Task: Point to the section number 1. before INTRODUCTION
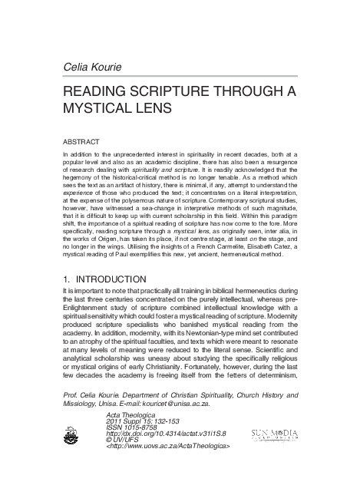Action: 68,278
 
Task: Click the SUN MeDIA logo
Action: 268,434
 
